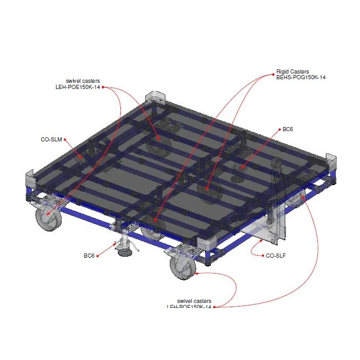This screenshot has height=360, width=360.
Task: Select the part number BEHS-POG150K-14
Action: pos(301,78)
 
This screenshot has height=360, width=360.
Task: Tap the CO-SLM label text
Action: pos(51,139)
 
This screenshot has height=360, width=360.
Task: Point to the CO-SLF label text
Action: pos(276,256)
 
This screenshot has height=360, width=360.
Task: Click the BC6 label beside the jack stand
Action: pos(89,256)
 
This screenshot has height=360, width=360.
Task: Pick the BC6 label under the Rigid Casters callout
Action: pos(288,130)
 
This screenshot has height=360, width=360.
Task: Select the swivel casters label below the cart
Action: pos(194,301)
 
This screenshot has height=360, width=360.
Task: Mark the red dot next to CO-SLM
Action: pos(65,139)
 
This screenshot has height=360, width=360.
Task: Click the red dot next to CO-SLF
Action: pos(263,256)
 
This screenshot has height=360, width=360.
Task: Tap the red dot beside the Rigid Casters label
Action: pos(273,75)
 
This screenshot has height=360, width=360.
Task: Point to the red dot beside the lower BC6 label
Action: pos(98,256)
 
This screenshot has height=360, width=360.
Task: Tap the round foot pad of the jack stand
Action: pos(124,252)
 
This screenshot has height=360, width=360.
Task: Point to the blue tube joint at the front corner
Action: pos(211,254)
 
